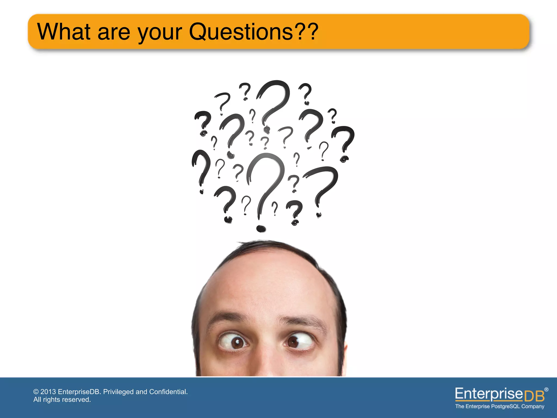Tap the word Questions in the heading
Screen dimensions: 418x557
click(x=241, y=32)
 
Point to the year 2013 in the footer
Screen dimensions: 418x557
click(x=48, y=392)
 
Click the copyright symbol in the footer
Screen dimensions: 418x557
click(x=36, y=392)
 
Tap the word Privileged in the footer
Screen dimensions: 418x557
click(x=119, y=392)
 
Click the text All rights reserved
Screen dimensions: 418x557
click(x=62, y=399)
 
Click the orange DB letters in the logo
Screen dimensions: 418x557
click(x=534, y=396)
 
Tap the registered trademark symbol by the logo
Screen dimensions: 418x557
click(x=546, y=389)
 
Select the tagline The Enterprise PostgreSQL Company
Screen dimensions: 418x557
click(x=500, y=406)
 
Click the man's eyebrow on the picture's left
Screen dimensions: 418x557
click(x=228, y=317)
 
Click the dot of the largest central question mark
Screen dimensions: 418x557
click(x=261, y=228)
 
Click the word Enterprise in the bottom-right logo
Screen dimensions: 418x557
click(x=489, y=394)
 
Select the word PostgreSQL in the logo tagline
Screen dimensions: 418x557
click(x=505, y=406)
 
